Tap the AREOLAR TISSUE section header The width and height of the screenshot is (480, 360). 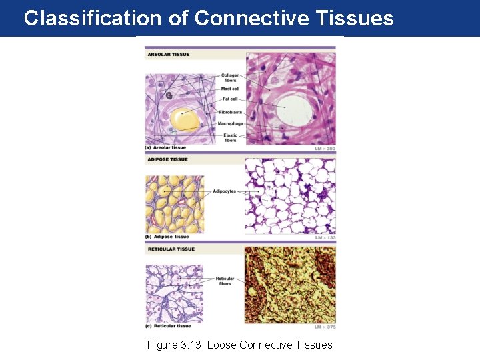[x=168, y=55]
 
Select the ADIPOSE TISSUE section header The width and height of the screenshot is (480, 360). [x=167, y=159]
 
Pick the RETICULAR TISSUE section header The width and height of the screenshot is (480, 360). [x=171, y=249]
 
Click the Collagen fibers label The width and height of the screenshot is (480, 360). [x=230, y=78]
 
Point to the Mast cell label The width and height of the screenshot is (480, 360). [x=230, y=89]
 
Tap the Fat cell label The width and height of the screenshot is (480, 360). [x=230, y=99]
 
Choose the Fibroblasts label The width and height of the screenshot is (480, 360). [x=231, y=112]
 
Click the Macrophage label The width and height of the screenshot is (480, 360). [x=230, y=123]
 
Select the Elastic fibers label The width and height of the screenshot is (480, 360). [x=230, y=138]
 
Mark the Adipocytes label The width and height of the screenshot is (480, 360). [x=225, y=191]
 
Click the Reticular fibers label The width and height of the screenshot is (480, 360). [x=225, y=281]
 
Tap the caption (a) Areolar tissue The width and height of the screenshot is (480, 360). [x=166, y=147]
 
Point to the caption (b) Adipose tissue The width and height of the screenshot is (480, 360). [x=167, y=237]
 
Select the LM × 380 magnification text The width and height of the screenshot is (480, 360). [x=325, y=148]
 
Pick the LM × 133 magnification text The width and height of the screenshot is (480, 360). [x=325, y=237]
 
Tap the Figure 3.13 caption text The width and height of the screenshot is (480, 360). [x=239, y=345]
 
